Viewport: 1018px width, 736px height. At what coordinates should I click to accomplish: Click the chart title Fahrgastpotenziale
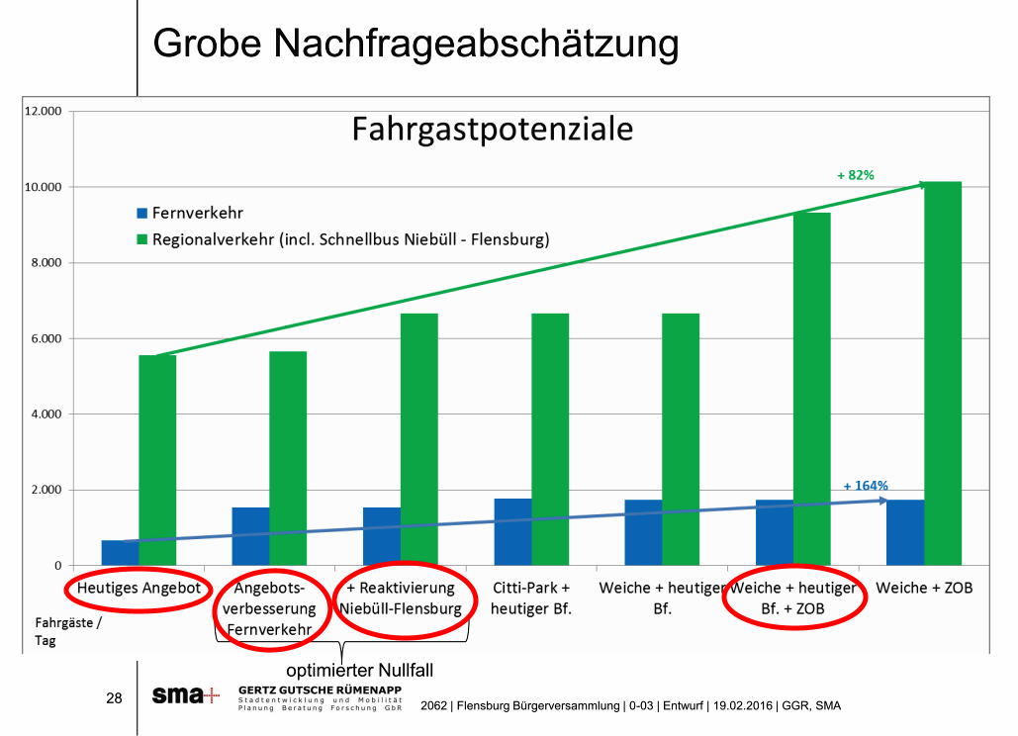tap(492, 130)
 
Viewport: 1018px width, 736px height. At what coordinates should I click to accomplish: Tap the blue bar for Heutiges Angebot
tap(120, 553)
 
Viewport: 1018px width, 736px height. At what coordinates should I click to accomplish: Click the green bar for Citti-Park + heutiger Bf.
tap(550, 439)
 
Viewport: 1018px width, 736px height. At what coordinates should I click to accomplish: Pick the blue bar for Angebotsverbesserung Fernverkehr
tap(250, 536)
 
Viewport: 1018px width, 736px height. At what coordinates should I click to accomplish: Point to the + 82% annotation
tap(855, 175)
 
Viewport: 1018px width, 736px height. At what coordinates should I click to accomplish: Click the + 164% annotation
tap(866, 486)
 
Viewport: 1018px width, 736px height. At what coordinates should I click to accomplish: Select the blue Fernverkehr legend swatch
tap(141, 213)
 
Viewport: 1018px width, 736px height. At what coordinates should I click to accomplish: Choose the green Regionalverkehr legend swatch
tap(141, 239)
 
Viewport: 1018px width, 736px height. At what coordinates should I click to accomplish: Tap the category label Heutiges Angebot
tap(139, 589)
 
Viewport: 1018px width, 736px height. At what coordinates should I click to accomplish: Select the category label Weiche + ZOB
tap(929, 589)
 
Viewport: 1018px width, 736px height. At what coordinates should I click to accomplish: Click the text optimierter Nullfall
tap(360, 671)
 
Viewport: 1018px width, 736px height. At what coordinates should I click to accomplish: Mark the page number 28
tap(114, 698)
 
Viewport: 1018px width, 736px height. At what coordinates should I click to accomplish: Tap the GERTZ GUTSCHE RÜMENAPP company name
tap(320, 689)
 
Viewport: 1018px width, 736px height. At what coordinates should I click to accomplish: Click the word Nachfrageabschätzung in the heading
tap(476, 44)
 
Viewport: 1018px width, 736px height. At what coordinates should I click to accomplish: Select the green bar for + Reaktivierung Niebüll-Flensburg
tap(419, 439)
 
